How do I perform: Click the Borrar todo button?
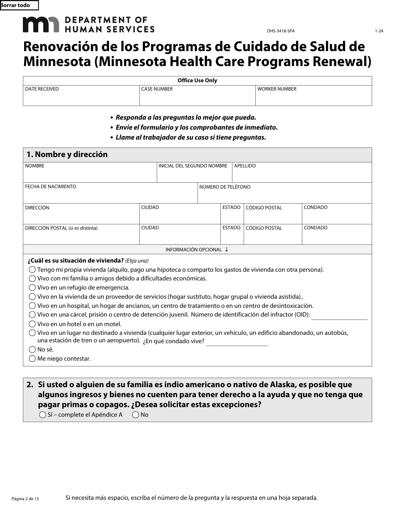pos(19,5)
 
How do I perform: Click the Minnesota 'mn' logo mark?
pos(41,25)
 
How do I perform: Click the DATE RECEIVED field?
pos(81,98)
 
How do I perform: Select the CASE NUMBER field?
pos(197,98)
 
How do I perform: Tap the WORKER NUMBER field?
pos(314,98)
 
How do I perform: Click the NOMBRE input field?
pos(90,175)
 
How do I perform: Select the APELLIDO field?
pos(301,175)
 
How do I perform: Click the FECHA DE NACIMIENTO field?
pos(110,196)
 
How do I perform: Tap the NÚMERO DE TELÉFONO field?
pos(284,196)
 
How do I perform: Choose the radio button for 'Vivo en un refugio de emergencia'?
pos(32,287)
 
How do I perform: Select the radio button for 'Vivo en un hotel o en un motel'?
pos(32,324)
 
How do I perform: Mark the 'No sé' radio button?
pos(32,349)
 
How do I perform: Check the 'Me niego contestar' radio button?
pos(32,359)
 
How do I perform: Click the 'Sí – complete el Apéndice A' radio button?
pos(42,415)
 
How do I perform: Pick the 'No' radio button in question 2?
pos(136,415)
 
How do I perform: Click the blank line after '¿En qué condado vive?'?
pos(237,342)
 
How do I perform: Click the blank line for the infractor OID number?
pos(339,315)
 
